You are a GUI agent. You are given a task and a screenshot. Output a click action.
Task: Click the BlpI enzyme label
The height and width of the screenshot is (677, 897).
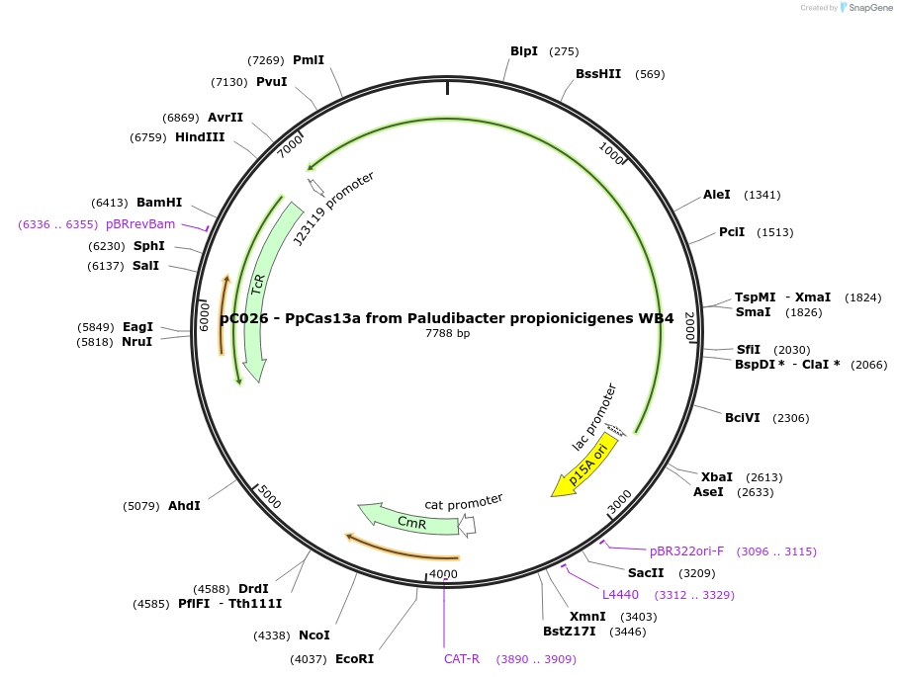(523, 51)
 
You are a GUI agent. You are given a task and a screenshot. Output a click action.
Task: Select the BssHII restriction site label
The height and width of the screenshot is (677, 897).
(598, 74)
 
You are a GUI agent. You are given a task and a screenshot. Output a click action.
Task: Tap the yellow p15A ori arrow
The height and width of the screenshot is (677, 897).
(586, 464)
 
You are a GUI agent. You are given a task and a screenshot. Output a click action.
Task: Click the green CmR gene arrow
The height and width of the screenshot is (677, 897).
(409, 520)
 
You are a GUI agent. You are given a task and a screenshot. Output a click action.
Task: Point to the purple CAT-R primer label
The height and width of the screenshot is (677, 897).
(461, 658)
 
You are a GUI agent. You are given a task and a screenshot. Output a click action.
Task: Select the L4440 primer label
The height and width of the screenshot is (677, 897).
(620, 594)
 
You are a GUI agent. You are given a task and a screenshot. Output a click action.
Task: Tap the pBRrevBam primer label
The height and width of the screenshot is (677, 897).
(139, 224)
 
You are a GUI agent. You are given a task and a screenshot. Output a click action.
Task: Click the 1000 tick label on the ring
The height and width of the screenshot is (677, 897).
(612, 152)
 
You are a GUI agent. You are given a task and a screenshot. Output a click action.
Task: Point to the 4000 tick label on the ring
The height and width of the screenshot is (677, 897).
(443, 574)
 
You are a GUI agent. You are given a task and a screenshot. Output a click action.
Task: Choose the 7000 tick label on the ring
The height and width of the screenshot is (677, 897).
(290, 145)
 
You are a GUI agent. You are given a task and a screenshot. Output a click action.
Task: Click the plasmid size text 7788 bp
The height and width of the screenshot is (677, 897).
(447, 333)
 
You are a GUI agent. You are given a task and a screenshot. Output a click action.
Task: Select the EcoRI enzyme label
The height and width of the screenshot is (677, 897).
(354, 658)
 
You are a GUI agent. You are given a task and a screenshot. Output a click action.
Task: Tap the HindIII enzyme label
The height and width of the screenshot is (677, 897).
(200, 137)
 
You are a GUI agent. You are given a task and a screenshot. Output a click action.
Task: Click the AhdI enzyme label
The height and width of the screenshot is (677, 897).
(184, 506)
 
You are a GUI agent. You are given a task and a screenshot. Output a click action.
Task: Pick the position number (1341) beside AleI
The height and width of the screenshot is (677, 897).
(762, 196)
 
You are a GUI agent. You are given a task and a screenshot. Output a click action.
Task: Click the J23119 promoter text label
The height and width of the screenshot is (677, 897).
(334, 209)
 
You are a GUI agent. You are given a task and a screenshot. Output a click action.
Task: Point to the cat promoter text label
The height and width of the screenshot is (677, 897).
(464, 502)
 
